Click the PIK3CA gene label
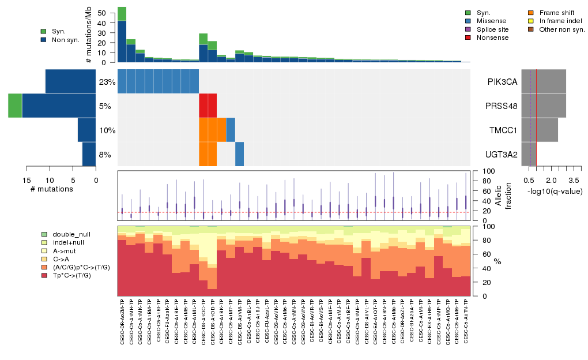501,82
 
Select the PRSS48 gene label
501,106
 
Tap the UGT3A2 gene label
501,155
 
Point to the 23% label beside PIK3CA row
107,82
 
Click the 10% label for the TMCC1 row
107,130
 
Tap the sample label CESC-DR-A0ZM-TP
122,322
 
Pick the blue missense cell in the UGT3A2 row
240,154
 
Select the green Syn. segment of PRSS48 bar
16,106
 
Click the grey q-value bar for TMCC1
547,130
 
